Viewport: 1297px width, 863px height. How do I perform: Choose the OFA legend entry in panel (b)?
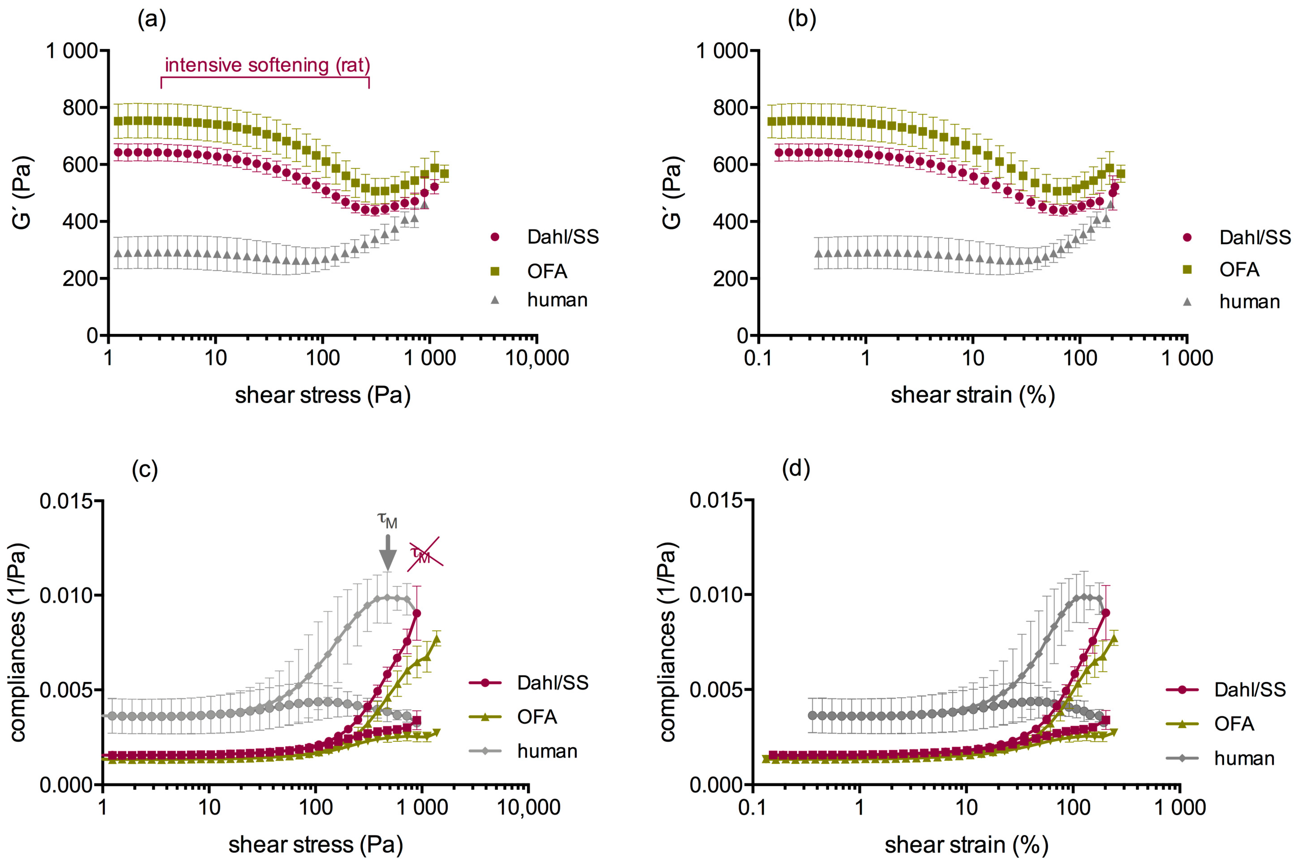point(1239,270)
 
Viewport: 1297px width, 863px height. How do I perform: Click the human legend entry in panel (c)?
point(547,751)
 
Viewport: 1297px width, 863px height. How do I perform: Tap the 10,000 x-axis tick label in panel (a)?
point(537,358)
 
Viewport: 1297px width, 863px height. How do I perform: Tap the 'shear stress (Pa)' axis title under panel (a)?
point(323,395)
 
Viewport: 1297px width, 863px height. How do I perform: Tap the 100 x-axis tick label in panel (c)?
point(315,808)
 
